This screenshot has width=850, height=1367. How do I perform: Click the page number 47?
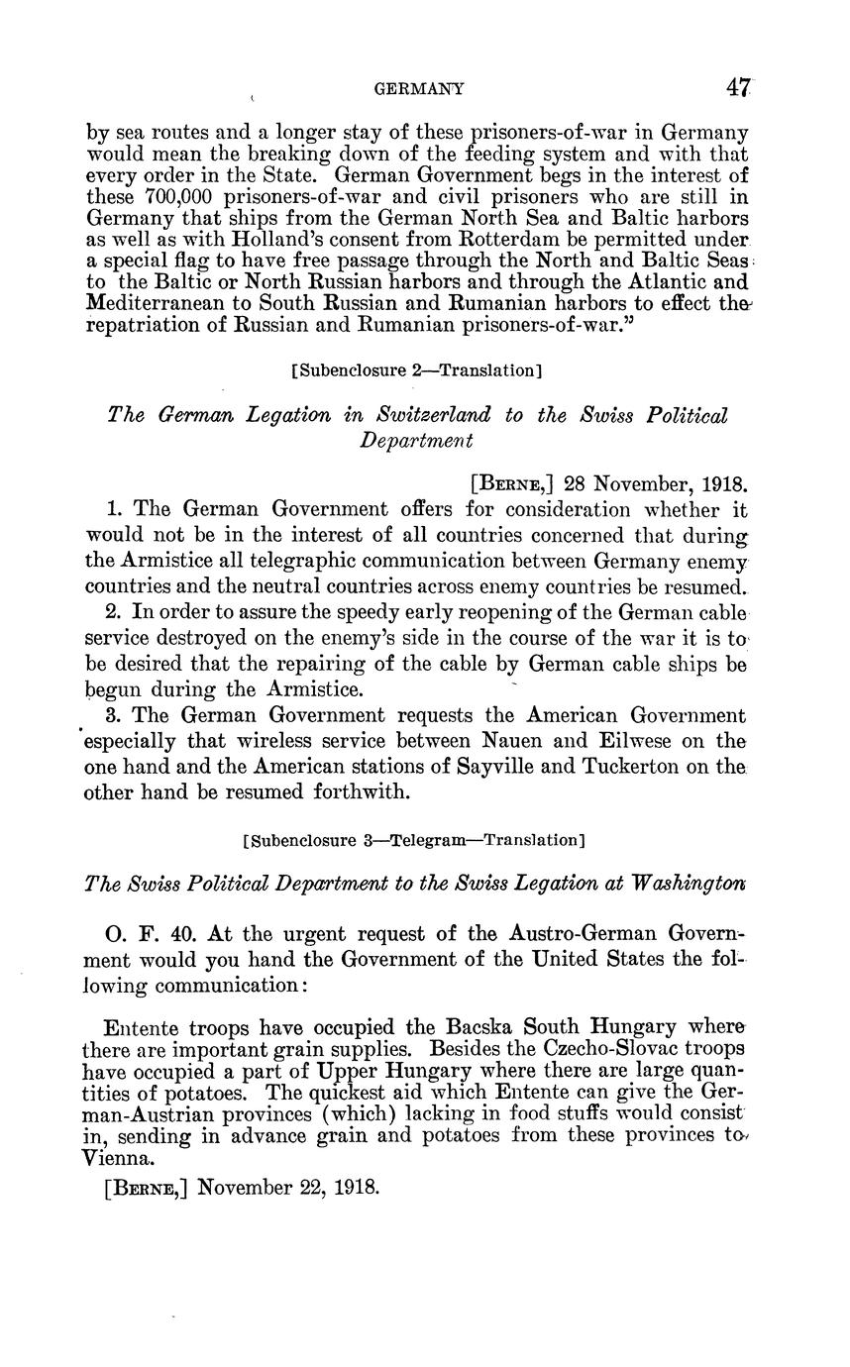(x=736, y=88)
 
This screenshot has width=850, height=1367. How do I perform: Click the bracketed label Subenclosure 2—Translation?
(x=417, y=370)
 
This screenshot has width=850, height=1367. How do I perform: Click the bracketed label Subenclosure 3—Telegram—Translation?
(x=414, y=841)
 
